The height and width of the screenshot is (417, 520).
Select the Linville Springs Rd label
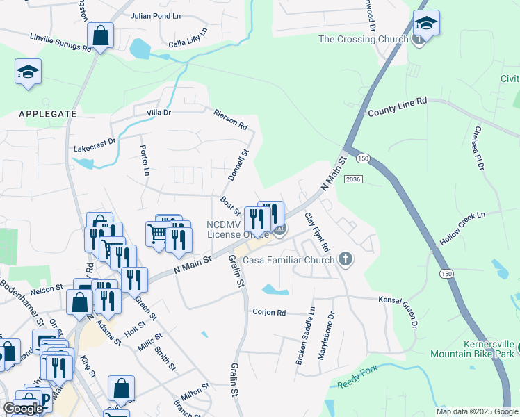60,44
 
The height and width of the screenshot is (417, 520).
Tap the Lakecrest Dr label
95,149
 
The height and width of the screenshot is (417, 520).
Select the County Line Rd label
397,106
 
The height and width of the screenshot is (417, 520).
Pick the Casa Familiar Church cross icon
346,261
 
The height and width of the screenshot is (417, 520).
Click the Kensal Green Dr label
403,310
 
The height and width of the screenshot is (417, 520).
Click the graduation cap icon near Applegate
28,72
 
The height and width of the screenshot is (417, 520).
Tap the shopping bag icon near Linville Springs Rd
100,35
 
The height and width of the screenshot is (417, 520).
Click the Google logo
22,409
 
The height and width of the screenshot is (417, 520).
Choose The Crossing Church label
364,39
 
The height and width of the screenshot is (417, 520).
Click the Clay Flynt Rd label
316,232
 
